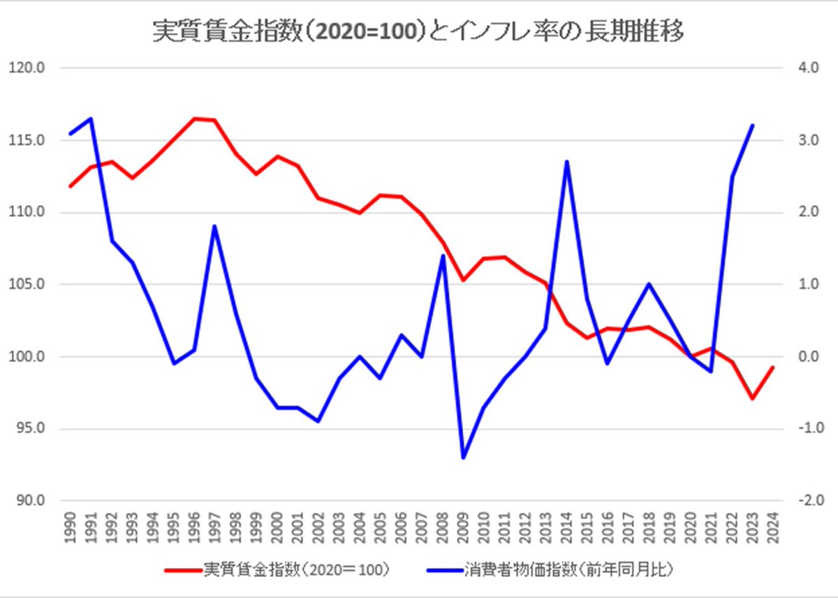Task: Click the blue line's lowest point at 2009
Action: coord(462,458)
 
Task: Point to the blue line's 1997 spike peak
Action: coord(214,226)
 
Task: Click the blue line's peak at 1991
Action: coord(91,119)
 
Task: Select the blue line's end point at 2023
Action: coord(752,126)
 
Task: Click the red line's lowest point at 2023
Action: coord(752,398)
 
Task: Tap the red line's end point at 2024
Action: coord(772,367)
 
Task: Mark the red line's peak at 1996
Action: coord(194,119)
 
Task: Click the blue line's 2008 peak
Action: coord(442,256)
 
